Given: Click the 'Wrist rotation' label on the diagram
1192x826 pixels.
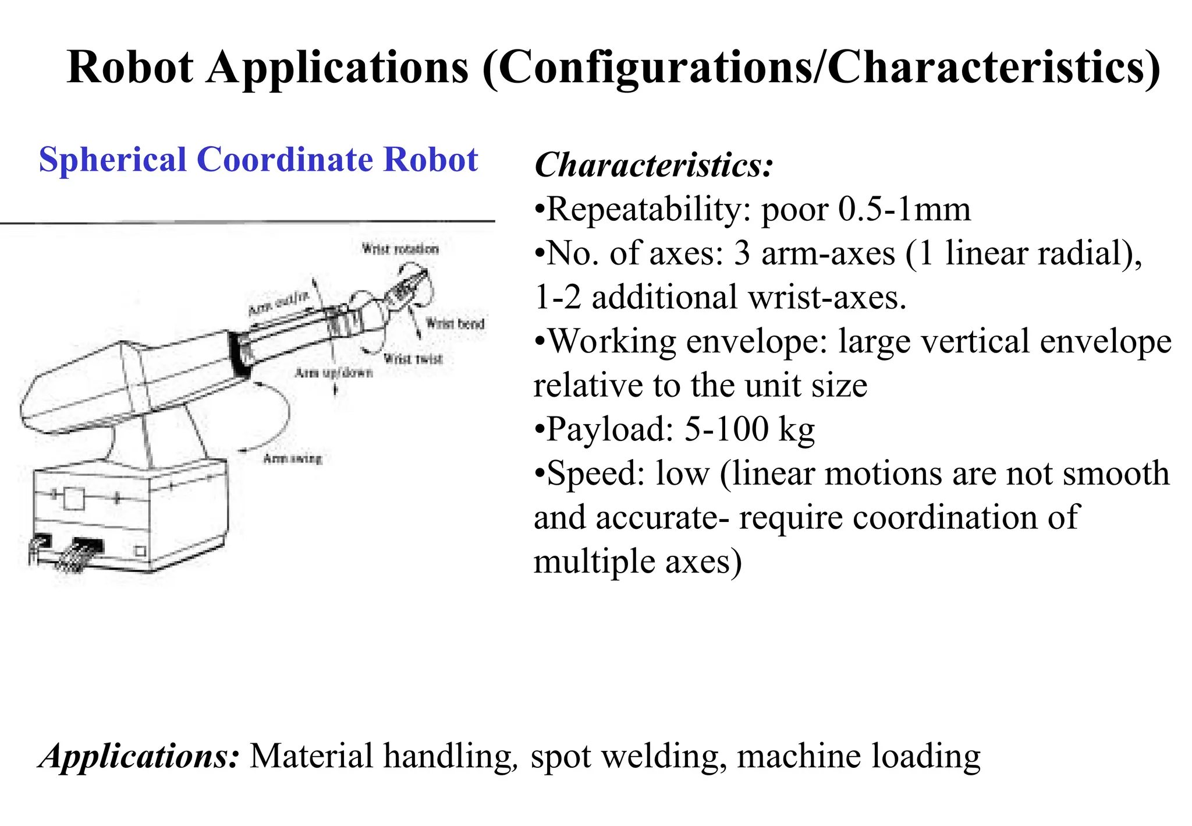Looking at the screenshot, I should point(400,249).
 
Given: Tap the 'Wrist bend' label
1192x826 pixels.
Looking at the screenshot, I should point(455,323).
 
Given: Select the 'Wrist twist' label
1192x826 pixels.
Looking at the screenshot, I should point(413,359).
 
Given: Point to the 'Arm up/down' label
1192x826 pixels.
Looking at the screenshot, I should point(334,373).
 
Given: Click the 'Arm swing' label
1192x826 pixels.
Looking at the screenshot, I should point(292,459).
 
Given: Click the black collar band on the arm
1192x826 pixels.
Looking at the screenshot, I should point(239,355).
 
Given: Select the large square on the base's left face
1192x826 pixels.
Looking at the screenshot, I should point(73,500).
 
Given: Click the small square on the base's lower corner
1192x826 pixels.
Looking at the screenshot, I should point(140,550).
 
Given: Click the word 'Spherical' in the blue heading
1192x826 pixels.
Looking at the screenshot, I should point(112,160).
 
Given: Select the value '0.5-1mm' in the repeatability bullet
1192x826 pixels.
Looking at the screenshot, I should point(904,210).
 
